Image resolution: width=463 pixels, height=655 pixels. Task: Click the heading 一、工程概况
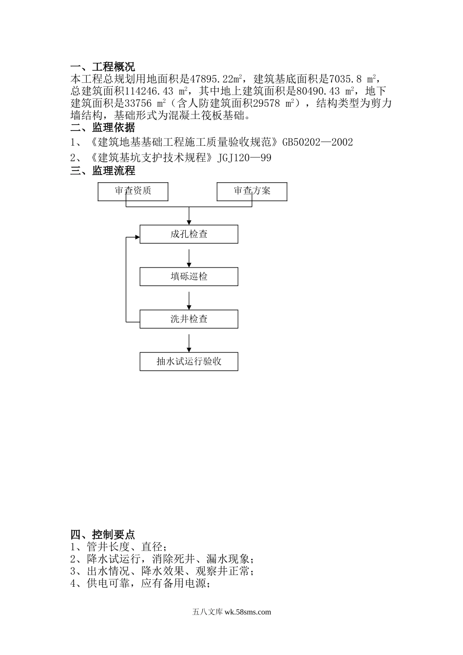(x=102, y=67)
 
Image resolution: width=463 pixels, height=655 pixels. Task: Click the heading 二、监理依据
(x=102, y=128)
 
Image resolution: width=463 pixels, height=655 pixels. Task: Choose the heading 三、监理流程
(x=102, y=171)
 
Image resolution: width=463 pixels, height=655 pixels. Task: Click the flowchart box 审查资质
(x=133, y=191)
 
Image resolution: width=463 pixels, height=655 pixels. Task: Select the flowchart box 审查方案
(x=251, y=191)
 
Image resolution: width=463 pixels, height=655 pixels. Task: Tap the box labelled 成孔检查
(x=189, y=234)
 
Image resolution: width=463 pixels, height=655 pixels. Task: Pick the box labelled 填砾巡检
(x=189, y=277)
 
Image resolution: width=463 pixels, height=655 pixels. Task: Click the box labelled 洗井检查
(x=189, y=319)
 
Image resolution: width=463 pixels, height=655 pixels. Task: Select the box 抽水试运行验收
(x=189, y=362)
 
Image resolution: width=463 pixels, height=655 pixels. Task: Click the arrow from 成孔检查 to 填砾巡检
(x=189, y=258)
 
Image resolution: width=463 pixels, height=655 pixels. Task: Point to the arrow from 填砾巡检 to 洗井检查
(x=189, y=300)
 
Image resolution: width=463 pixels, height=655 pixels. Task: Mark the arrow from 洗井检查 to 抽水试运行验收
(x=189, y=343)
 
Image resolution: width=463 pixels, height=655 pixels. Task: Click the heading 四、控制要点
(x=102, y=534)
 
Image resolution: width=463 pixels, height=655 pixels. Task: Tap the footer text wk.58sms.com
(x=248, y=612)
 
